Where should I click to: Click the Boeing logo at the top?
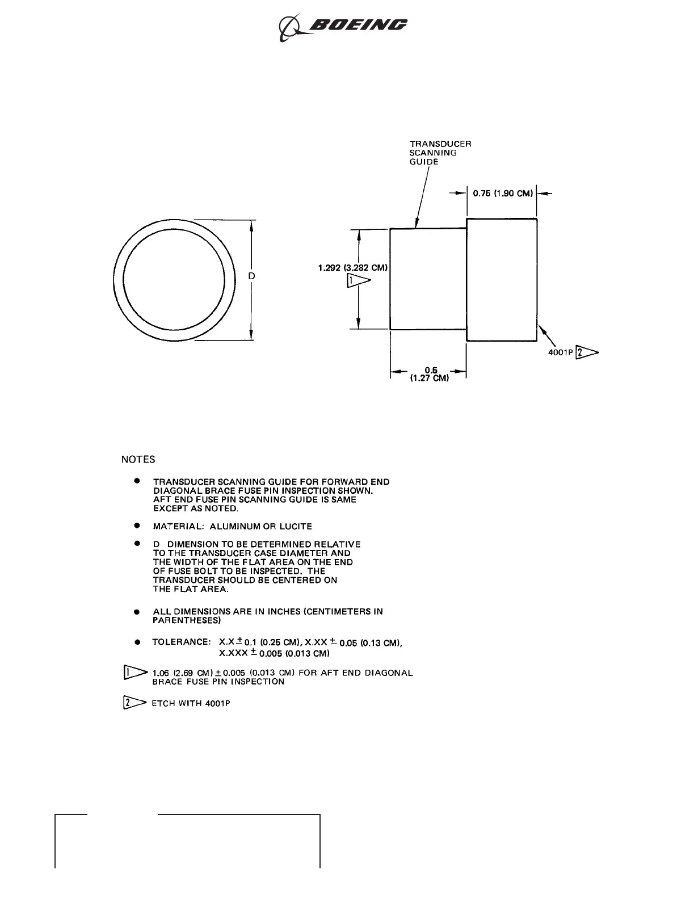(343, 27)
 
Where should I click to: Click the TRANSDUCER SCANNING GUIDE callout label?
(440, 153)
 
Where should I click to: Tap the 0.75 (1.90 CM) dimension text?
(503, 194)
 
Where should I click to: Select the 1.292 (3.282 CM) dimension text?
(353, 268)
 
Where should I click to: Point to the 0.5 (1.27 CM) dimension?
(430, 375)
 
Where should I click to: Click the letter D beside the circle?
(252, 276)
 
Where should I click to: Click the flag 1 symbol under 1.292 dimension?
(357, 281)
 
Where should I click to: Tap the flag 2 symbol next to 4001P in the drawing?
(587, 353)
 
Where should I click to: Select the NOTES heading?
(138, 460)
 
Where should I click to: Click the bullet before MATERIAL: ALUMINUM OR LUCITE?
(137, 526)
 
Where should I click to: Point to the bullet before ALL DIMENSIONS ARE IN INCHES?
(137, 612)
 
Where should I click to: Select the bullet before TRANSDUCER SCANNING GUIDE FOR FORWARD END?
(137, 481)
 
